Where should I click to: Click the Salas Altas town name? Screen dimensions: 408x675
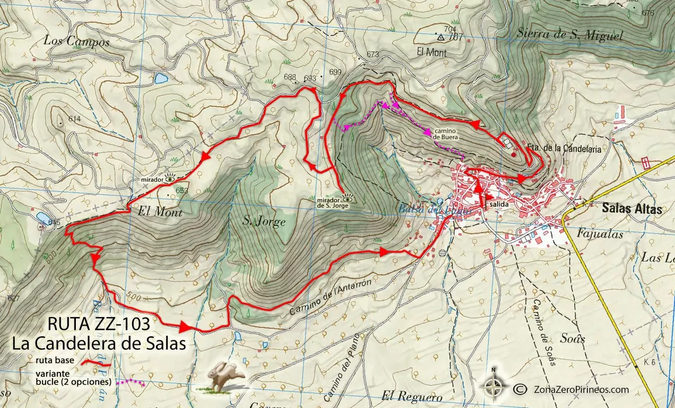pyautogui.click(x=632, y=209)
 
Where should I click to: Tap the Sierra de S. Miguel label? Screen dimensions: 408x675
pyautogui.click(x=569, y=36)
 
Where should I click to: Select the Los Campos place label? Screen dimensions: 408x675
pyautogui.click(x=76, y=41)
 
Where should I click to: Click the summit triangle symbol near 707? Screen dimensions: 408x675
pyautogui.click(x=440, y=37)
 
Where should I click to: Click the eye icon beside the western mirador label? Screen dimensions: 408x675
pyautogui.click(x=170, y=179)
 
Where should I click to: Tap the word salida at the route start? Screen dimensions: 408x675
pyautogui.click(x=501, y=204)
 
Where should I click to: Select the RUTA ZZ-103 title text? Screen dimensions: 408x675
pyautogui.click(x=102, y=323)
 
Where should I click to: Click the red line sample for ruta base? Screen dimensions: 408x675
pyautogui.click(x=97, y=363)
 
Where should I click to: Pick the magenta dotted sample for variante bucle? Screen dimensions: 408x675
pyautogui.click(x=131, y=381)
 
